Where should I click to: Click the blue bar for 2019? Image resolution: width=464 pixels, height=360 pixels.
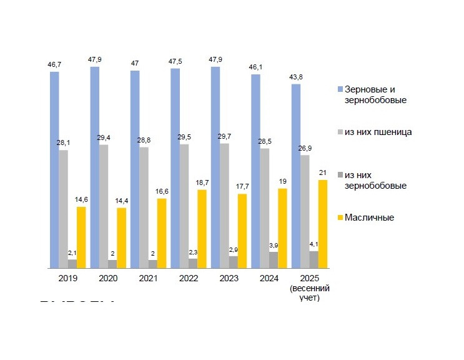(x=54, y=169)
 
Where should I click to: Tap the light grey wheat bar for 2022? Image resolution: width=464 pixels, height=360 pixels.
(x=184, y=206)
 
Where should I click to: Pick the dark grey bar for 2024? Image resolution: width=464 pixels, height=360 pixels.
(x=274, y=259)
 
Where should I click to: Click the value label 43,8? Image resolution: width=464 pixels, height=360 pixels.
(x=296, y=77)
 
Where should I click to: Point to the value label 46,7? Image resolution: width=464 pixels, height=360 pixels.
(x=54, y=64)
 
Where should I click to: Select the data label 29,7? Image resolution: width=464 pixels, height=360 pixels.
(x=224, y=136)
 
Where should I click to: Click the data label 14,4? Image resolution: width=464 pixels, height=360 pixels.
(x=121, y=201)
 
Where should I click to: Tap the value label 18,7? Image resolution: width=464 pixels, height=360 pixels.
(x=202, y=182)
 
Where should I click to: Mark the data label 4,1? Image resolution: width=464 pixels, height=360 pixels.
(x=314, y=244)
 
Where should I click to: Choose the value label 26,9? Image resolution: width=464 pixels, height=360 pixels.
(x=305, y=148)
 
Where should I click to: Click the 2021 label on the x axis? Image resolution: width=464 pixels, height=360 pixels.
(x=149, y=279)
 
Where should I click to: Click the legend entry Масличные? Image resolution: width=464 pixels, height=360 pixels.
(x=369, y=217)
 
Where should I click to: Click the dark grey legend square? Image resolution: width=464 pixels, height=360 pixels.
(x=340, y=176)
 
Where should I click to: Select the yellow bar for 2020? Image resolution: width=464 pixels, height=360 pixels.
(x=121, y=237)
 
